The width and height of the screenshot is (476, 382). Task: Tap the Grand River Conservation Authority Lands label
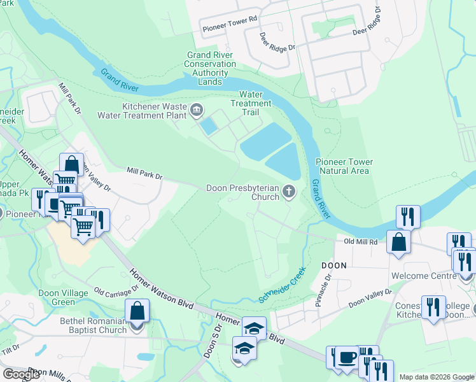point(211,68)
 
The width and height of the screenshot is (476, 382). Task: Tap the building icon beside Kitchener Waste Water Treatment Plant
point(197,112)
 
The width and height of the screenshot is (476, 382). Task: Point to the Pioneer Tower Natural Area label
point(344,166)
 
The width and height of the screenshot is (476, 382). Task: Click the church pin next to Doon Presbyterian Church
point(290,192)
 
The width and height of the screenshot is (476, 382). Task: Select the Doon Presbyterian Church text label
point(242,192)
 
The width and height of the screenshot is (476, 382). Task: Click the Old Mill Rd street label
point(361,242)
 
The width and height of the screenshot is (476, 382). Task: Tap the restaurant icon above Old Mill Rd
point(407,216)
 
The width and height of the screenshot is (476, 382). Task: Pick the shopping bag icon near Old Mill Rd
point(398,242)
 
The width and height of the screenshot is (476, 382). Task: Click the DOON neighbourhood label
point(333,265)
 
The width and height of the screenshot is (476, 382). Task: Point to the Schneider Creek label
point(283,285)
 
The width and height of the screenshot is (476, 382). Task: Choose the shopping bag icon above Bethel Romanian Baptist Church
point(137,311)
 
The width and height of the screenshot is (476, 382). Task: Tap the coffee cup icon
point(347,357)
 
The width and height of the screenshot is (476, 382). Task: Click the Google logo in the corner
point(21,374)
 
